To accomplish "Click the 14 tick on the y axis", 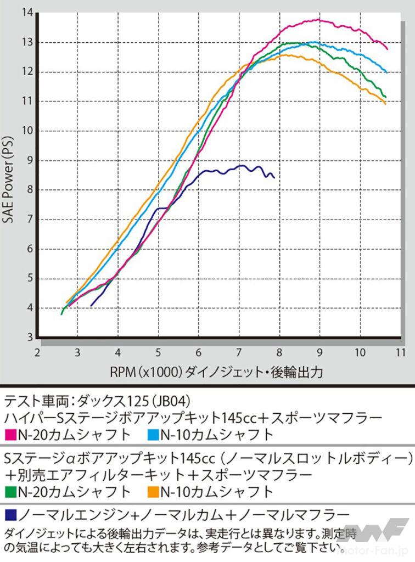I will coord(26,13).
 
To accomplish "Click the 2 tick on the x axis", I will coord(37,352).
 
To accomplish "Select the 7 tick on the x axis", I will coord(239,352).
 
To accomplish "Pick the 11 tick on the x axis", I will coord(400,352).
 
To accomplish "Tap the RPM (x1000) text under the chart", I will coord(145,372).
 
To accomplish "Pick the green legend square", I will coord(10,491).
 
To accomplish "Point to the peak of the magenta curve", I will coord(318,20).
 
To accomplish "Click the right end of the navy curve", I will coord(274,177).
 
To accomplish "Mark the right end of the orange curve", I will coord(385,104).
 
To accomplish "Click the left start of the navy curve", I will coord(91,305).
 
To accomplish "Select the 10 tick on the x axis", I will coord(360,352).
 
